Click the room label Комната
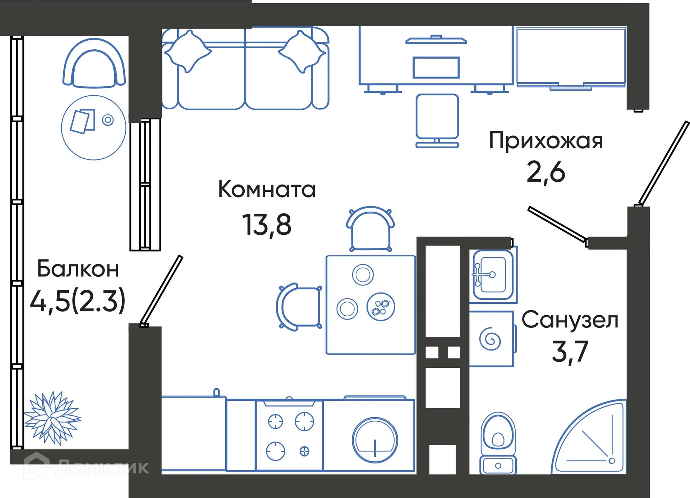click(x=267, y=190)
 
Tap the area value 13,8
click(x=267, y=225)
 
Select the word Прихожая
click(x=546, y=141)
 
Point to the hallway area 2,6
click(x=546, y=172)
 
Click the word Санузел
click(x=570, y=320)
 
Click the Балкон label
click(x=78, y=269)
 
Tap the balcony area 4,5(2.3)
click(x=78, y=301)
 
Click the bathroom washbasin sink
click(x=493, y=275)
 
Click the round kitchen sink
click(x=374, y=440)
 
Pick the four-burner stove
click(x=289, y=436)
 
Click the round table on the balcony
click(x=93, y=128)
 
